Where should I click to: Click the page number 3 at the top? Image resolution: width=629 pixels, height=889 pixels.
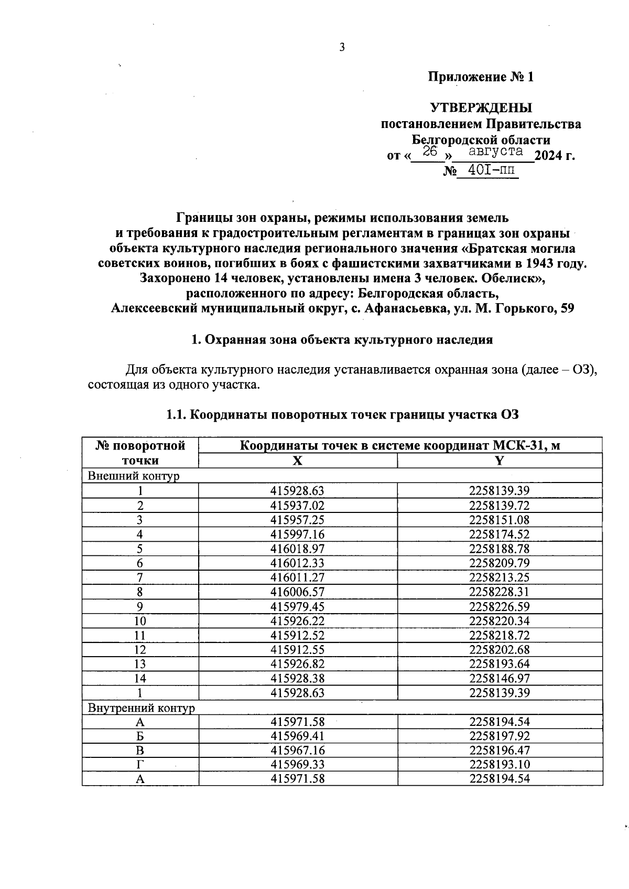pos(342,48)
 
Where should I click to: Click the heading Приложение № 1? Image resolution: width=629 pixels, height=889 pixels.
pos(481,77)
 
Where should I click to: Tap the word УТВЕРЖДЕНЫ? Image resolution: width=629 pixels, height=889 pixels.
pos(481,108)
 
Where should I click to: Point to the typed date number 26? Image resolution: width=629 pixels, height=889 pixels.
pos(430,152)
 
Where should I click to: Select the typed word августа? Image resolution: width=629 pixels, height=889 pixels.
pos(495,152)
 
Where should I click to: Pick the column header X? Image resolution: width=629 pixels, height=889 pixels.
pos(297,460)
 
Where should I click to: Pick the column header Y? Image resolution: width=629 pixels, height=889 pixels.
pos(500,460)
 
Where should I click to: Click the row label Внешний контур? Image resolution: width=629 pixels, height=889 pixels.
pos(133,476)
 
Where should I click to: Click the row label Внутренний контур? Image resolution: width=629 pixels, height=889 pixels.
pos(141,708)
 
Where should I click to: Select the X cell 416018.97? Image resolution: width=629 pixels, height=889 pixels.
pos(297,549)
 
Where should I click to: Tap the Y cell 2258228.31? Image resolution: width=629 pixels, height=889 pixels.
pos(500,592)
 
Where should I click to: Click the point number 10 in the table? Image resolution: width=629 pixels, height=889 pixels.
pos(140,621)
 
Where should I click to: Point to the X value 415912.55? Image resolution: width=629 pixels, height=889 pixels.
pos(297,649)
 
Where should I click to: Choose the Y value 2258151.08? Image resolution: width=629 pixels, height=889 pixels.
pos(500,520)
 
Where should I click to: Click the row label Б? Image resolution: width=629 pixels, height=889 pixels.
pos(140,736)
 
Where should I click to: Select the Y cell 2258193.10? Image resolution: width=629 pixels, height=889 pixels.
pos(500,764)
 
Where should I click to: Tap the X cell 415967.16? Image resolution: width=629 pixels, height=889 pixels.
pos(297,750)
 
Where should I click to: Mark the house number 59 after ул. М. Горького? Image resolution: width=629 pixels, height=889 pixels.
pos(567,308)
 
